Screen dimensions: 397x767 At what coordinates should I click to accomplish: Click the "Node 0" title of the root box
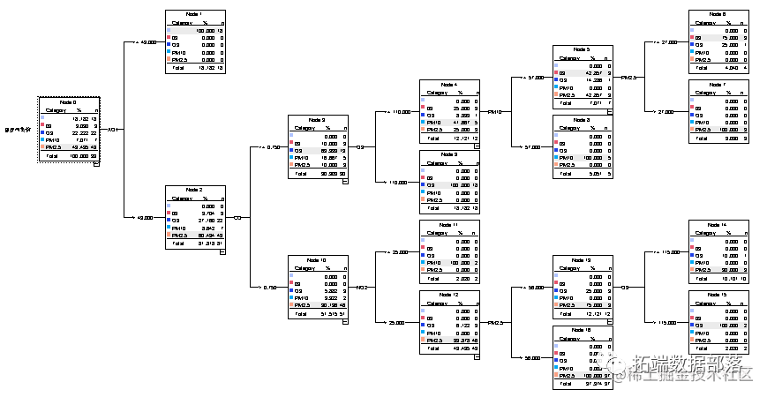pyautogui.click(x=66, y=103)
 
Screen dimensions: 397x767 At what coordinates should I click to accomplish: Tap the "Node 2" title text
pyautogui.click(x=195, y=190)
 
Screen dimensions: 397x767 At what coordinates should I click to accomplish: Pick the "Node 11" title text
pyautogui.click(x=450, y=225)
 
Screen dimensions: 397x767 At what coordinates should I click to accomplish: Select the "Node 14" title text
pyautogui.click(x=718, y=225)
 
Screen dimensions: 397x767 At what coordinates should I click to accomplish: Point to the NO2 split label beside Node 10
pyautogui.click(x=362, y=288)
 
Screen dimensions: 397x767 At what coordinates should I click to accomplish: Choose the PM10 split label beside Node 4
pyautogui.click(x=494, y=112)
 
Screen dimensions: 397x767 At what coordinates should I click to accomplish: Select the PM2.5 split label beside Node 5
pyautogui.click(x=628, y=77)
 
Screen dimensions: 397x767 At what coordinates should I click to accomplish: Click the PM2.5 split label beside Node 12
pyautogui.click(x=494, y=323)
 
